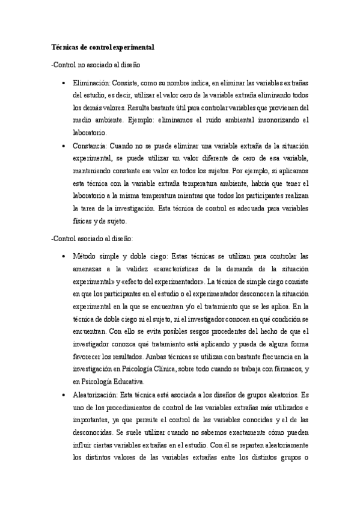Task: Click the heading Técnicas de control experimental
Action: (x=103, y=46)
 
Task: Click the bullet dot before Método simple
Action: (x=63, y=257)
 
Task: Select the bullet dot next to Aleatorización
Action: (x=63, y=395)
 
